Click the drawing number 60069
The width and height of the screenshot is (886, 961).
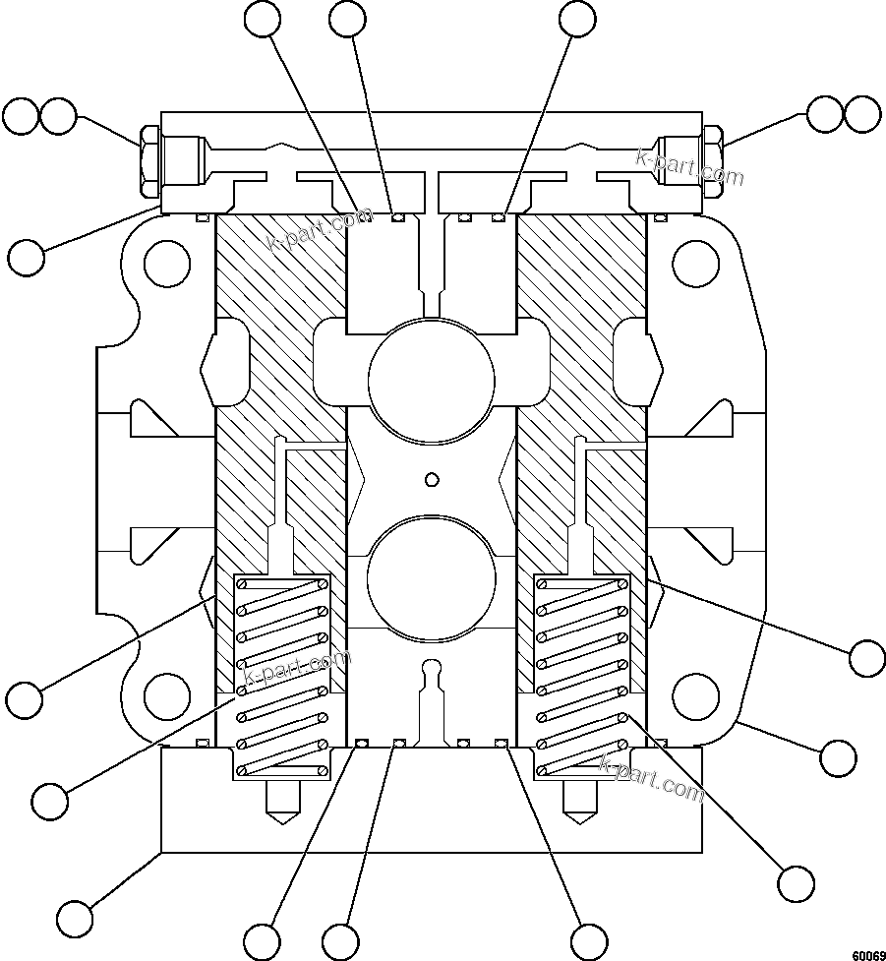(867, 954)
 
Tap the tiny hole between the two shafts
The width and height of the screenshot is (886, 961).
(430, 480)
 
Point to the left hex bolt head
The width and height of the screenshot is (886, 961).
(149, 161)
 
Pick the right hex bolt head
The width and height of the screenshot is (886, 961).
(713, 161)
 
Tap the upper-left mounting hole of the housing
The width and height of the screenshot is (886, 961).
(166, 262)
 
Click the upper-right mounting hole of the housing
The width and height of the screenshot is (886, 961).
(695, 262)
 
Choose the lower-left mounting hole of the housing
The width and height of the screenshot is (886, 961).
(166, 695)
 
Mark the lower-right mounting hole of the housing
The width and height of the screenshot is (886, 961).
(695, 695)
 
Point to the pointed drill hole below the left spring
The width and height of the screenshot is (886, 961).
(281, 802)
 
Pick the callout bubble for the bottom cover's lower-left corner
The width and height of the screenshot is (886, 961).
(75, 918)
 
